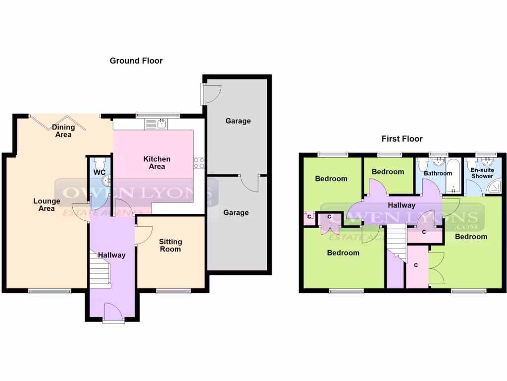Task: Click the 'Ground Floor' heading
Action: point(136,61)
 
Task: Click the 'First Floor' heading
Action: point(402,139)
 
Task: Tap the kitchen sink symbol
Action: point(161,123)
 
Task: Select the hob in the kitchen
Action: point(199,162)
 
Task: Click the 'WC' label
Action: point(99,173)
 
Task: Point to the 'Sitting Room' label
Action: point(170,245)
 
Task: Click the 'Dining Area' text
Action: point(63,130)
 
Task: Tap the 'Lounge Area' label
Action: point(47,204)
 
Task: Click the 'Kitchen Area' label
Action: point(157,163)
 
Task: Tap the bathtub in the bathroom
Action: point(453,176)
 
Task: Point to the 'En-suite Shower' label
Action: point(482,173)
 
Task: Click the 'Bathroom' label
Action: point(438,173)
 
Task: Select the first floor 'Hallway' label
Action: point(402,205)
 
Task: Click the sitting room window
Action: point(174,291)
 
